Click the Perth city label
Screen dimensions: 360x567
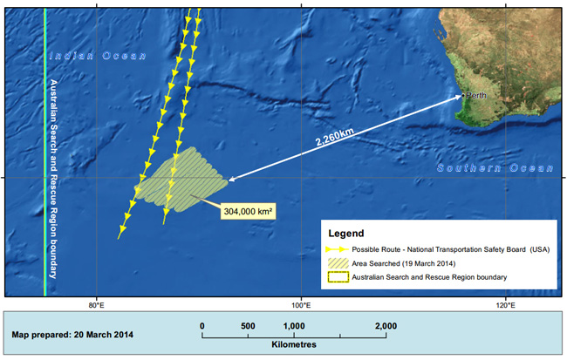(x=475, y=95)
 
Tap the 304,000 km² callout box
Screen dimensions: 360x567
(x=244, y=211)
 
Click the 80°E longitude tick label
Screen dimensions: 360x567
(x=97, y=304)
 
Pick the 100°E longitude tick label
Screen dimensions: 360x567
(x=301, y=304)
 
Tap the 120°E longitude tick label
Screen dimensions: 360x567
(x=504, y=304)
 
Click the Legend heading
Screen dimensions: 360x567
(x=346, y=234)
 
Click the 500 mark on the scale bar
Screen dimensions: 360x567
(x=248, y=326)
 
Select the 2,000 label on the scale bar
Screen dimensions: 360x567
(x=386, y=326)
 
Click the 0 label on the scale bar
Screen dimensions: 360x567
(x=202, y=326)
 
